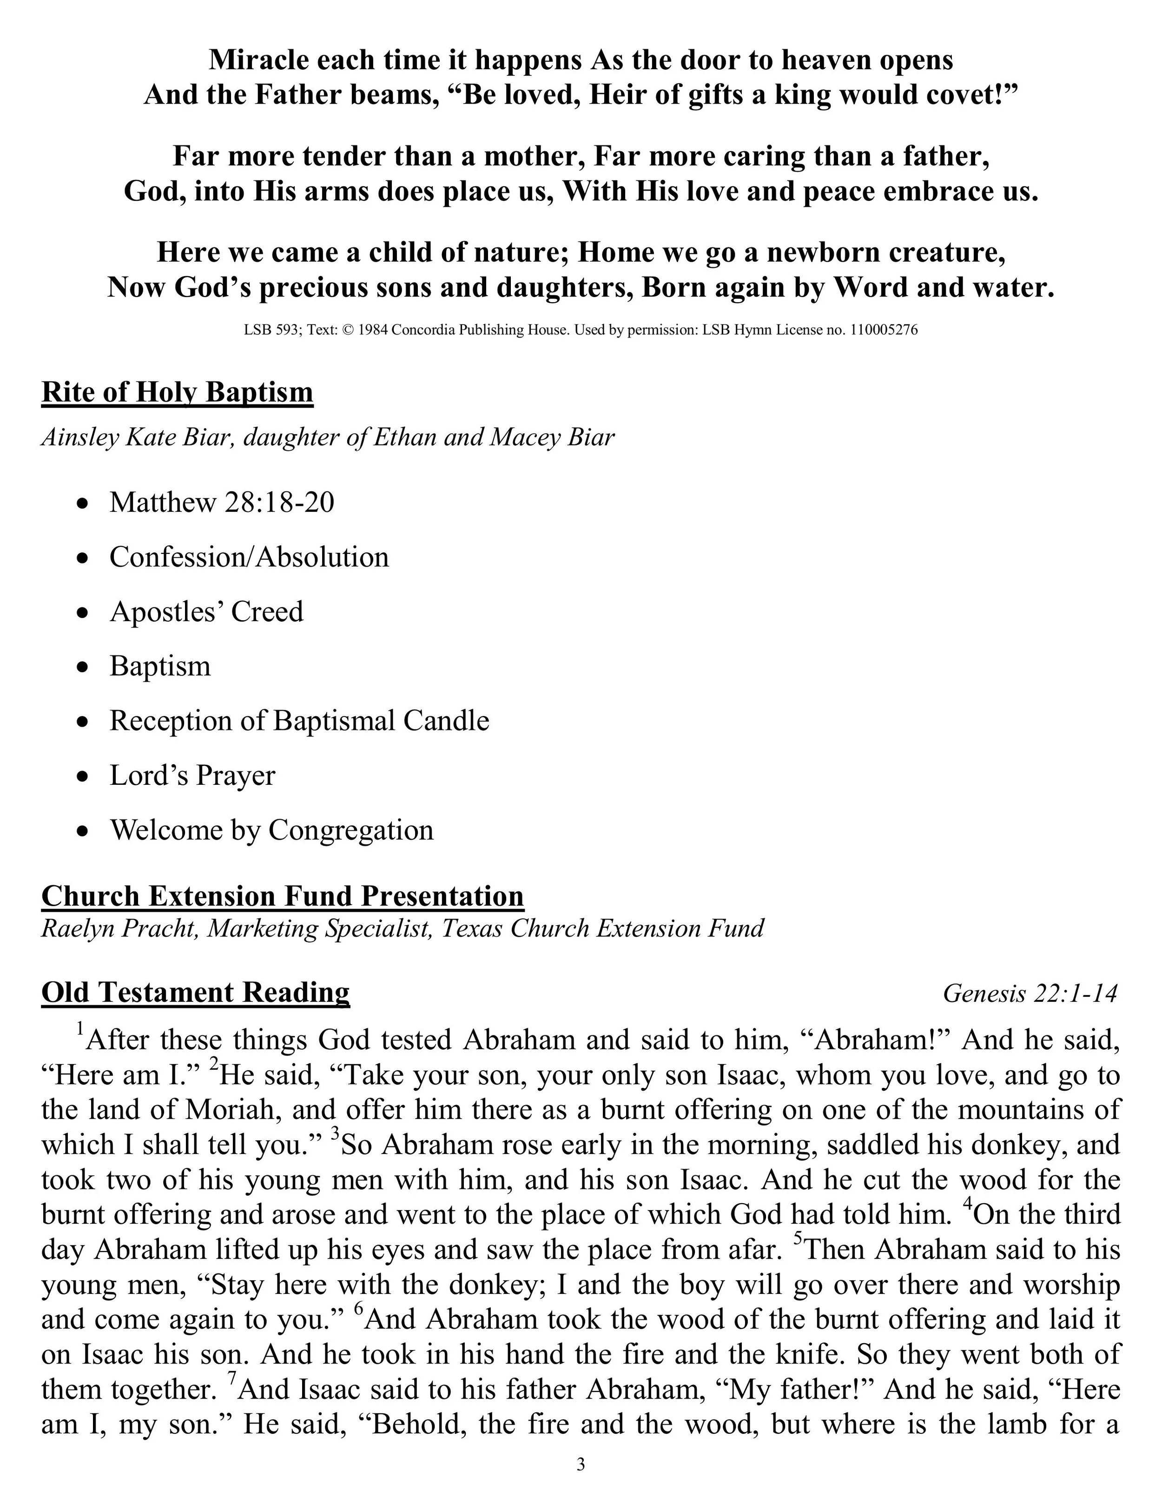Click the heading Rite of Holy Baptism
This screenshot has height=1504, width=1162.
(177, 392)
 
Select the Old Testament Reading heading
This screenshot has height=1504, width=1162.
(196, 992)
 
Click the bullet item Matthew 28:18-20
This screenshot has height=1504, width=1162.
(222, 502)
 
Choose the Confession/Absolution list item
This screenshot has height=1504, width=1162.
(249, 557)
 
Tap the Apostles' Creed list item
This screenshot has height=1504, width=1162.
(206, 611)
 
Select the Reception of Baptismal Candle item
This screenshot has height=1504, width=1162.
(299, 721)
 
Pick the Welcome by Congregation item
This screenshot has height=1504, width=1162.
(271, 830)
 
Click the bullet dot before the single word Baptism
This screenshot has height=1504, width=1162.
(83, 667)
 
